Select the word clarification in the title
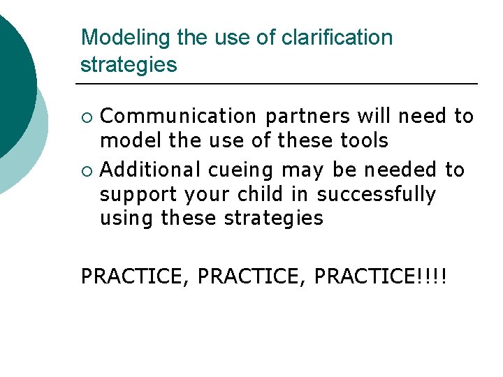tap(337, 38)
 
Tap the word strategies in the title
tap(129, 65)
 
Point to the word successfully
tap(376, 194)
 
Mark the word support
tap(139, 194)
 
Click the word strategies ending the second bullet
tap(273, 219)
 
